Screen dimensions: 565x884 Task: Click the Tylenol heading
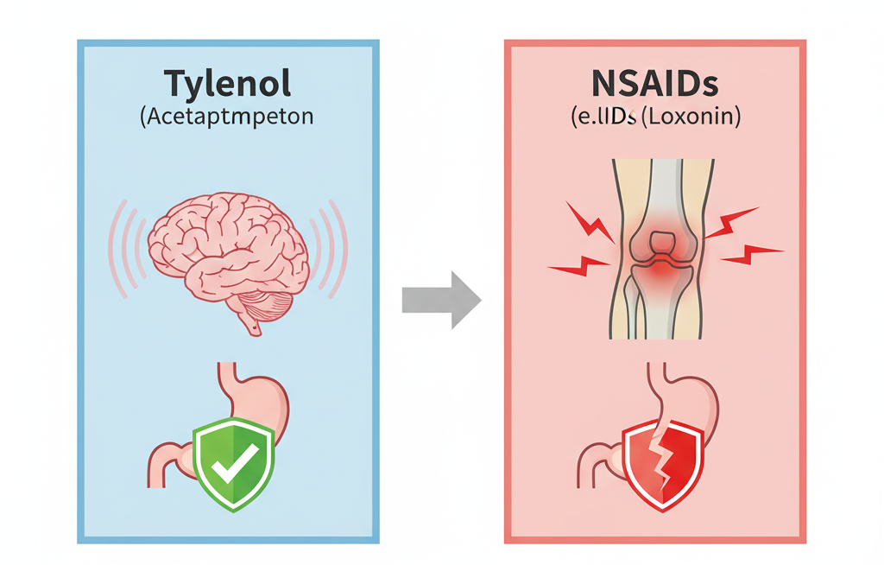point(228,84)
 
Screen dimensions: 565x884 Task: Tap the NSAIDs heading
point(654,84)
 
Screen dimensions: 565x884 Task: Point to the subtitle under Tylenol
point(227,117)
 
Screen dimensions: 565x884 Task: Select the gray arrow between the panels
point(441,300)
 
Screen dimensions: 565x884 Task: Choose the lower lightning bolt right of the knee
point(751,253)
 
